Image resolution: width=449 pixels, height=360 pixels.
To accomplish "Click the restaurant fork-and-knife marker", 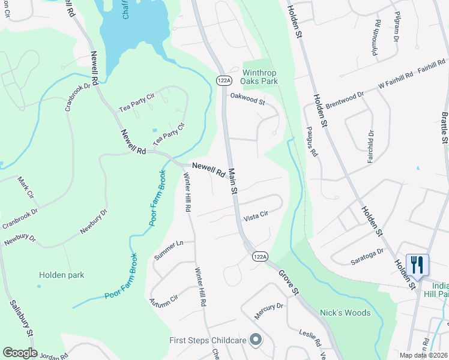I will click(x=417, y=265).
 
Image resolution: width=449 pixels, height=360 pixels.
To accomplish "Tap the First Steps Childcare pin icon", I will click(x=255, y=340).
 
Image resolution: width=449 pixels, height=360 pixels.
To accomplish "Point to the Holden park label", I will click(x=62, y=275).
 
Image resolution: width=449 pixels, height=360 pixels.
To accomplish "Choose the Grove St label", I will click(x=288, y=281).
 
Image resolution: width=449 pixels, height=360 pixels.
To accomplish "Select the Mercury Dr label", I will click(x=268, y=310).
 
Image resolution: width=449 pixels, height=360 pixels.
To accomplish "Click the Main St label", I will click(x=233, y=180).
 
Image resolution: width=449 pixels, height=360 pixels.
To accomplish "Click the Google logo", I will click(x=20, y=353).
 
